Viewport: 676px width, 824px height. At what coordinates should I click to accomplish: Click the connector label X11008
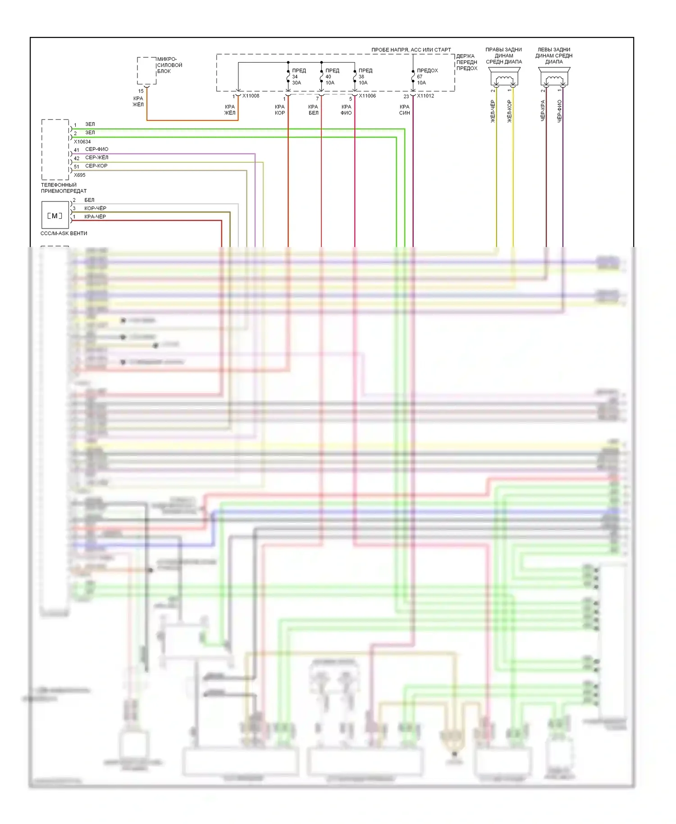[251, 96]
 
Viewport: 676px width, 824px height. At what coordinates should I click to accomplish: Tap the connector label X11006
[367, 96]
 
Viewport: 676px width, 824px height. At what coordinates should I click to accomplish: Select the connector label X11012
[425, 96]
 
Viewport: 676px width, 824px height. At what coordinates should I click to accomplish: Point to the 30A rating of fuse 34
[296, 83]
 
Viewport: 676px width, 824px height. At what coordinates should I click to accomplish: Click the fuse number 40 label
[328, 77]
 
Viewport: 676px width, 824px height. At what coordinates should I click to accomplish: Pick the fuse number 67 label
[420, 77]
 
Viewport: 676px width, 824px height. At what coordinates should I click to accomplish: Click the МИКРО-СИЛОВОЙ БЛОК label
[169, 65]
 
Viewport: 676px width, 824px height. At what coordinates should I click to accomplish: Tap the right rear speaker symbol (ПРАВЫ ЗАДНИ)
[504, 77]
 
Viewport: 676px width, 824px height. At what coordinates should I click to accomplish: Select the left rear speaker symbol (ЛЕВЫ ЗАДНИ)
[554, 77]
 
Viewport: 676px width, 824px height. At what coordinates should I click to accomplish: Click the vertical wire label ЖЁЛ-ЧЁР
[493, 111]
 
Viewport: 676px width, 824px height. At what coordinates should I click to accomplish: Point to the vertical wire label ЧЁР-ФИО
[559, 111]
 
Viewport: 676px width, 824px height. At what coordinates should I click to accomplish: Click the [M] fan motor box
[55, 215]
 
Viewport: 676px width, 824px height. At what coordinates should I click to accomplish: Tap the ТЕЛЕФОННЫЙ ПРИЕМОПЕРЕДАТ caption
[64, 188]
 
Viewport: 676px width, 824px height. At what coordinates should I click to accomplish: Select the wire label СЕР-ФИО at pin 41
[96, 149]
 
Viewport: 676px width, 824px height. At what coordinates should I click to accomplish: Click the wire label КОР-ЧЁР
[95, 208]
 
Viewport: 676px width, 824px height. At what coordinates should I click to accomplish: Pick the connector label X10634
[82, 142]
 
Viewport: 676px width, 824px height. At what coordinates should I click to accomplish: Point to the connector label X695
[79, 175]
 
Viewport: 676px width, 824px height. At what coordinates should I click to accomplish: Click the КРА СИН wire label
[404, 110]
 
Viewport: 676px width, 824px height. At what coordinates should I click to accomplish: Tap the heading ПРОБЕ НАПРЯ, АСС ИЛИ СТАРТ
[411, 50]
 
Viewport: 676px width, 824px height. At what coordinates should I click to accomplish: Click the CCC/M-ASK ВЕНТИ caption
[64, 233]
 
